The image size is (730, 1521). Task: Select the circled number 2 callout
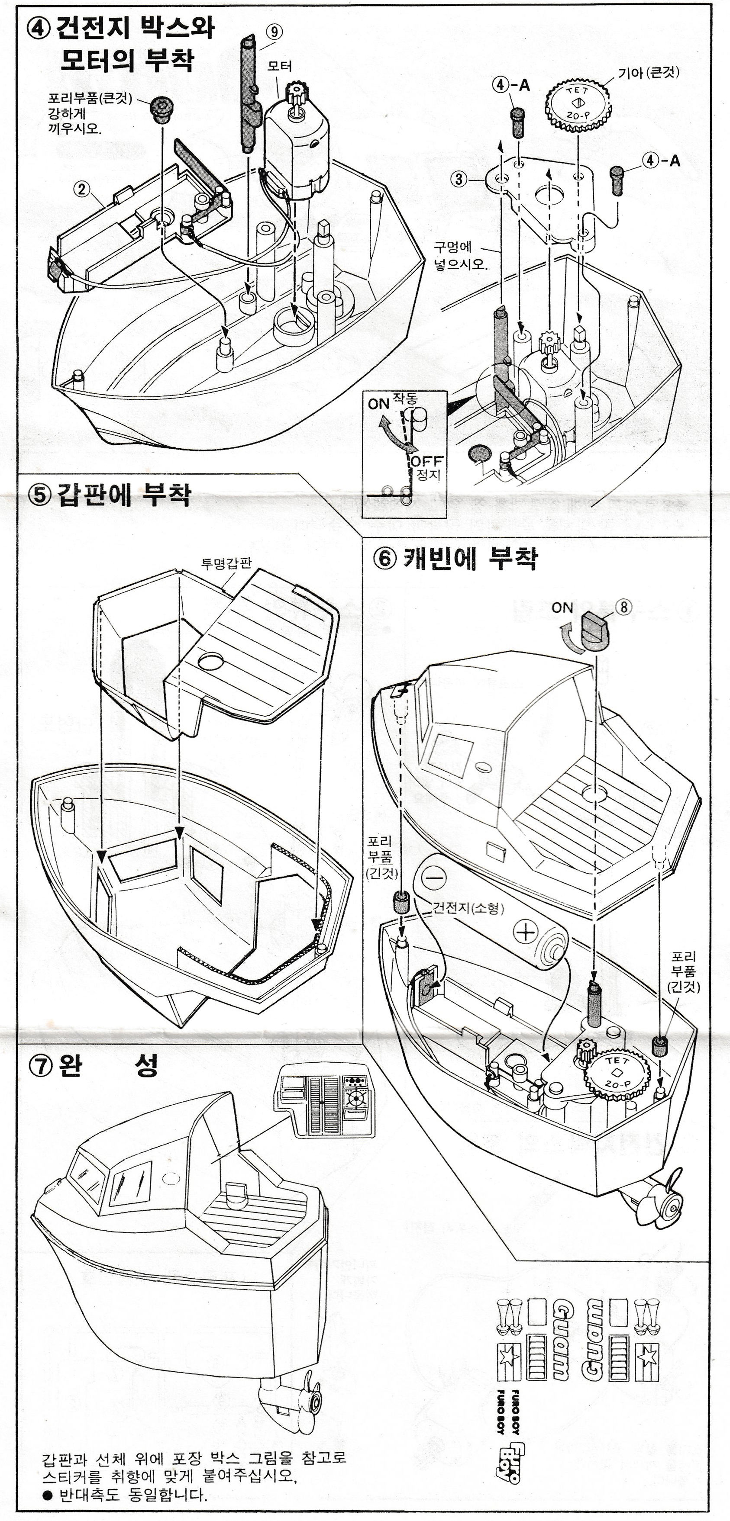[81, 189]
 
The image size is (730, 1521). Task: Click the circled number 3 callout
[459, 179]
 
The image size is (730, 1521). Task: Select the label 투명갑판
[226, 562]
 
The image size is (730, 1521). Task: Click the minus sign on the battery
[434, 878]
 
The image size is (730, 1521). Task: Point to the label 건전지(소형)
[468, 907]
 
